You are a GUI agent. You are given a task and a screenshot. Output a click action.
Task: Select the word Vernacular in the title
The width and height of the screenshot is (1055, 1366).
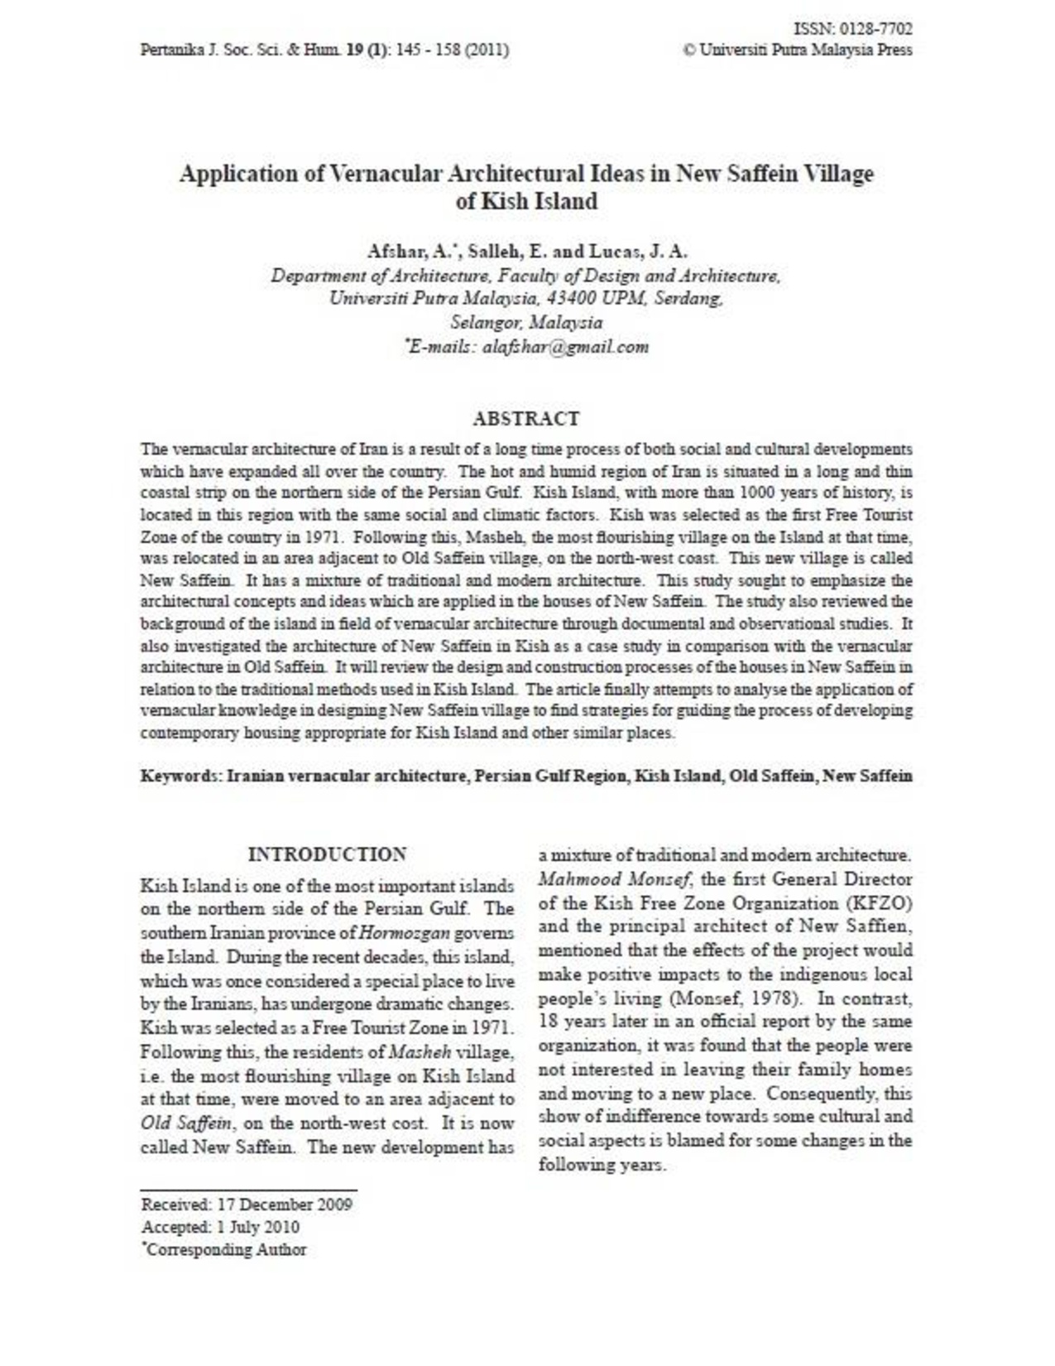point(386,174)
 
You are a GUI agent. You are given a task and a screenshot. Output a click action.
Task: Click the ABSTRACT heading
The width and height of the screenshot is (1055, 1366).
point(526,418)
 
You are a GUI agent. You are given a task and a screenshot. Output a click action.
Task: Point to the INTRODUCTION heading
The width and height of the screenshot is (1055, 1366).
point(328,854)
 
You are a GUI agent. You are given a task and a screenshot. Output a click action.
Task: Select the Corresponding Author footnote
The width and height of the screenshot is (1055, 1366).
point(226,1249)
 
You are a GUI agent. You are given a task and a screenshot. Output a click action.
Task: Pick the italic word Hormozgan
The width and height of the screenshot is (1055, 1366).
point(405,933)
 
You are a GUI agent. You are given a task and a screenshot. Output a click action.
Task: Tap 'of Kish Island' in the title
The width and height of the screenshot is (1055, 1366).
point(526,201)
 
